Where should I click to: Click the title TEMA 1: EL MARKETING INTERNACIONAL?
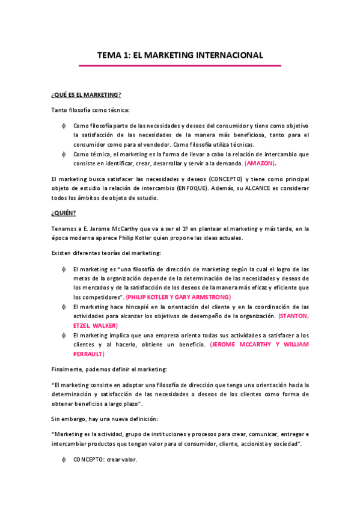click(x=180, y=55)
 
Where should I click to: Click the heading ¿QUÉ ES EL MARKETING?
click(x=86, y=94)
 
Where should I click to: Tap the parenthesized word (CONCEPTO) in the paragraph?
click(x=226, y=179)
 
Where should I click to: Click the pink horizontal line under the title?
click(x=180, y=66)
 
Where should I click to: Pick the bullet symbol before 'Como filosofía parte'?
click(x=64, y=126)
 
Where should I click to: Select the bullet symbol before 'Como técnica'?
click(x=64, y=154)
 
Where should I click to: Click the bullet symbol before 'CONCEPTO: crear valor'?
click(x=64, y=460)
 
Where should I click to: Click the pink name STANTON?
click(x=293, y=316)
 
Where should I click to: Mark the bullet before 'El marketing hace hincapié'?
click(x=64, y=307)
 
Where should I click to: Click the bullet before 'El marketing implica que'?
click(x=64, y=335)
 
